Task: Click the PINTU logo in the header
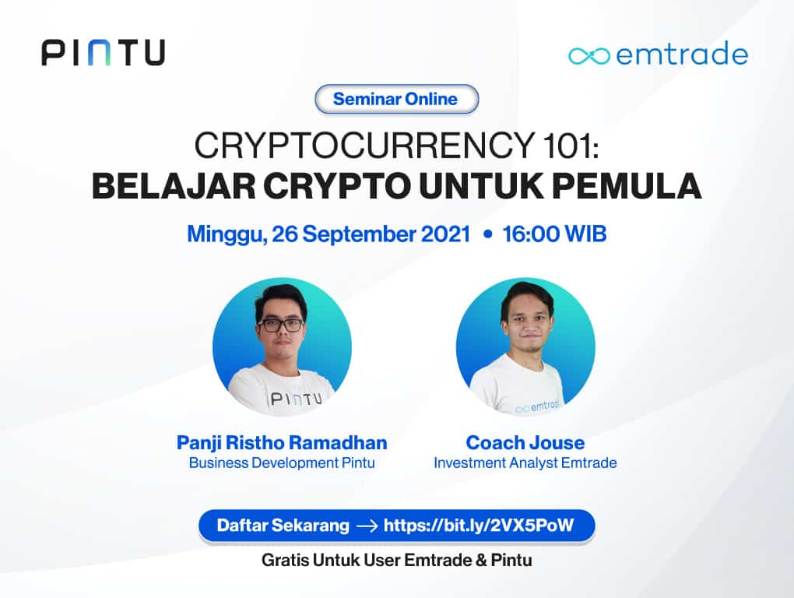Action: [x=103, y=52]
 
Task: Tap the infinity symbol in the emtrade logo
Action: [x=589, y=55]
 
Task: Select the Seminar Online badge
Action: [x=396, y=99]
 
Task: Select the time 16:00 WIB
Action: [x=554, y=234]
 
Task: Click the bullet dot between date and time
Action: [x=487, y=234]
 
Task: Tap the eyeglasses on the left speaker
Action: [x=281, y=325]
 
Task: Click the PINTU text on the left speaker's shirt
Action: [x=290, y=399]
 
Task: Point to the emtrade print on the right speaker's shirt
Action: [x=538, y=406]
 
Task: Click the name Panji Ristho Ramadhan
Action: [x=282, y=443]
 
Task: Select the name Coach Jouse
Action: [x=525, y=443]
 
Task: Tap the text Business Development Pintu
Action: [x=282, y=463]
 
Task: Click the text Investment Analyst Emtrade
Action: [x=525, y=463]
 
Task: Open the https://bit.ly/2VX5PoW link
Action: [x=478, y=525]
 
